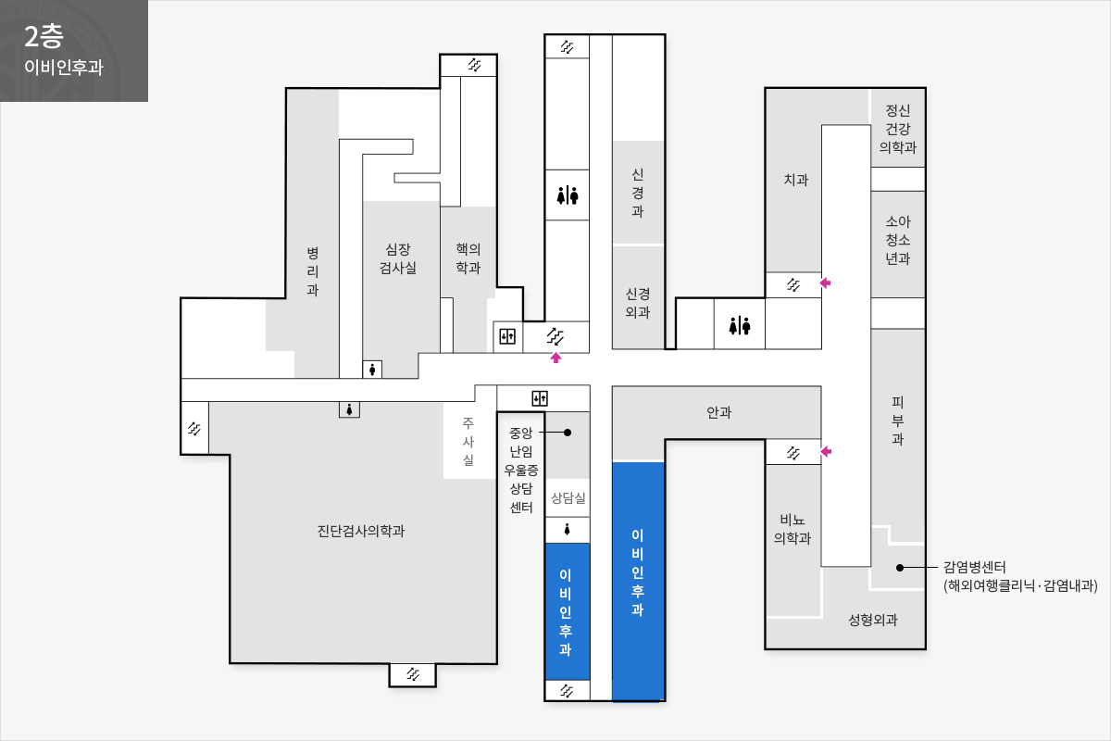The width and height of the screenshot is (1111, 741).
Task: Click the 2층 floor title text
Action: [44, 37]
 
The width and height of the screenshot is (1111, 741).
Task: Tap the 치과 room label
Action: [795, 179]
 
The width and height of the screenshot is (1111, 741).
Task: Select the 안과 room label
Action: [718, 412]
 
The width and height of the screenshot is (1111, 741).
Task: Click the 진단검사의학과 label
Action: [360, 531]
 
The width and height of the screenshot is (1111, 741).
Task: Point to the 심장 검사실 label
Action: [398, 258]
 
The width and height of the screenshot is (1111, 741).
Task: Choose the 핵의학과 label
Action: [468, 258]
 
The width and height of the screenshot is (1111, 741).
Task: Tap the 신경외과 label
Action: [637, 303]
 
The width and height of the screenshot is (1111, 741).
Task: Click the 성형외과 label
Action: [873, 620]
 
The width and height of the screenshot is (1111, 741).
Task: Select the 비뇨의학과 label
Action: [793, 529]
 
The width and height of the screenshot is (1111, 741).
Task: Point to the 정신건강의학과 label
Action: [898, 129]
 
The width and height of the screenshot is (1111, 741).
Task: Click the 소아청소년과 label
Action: [898, 240]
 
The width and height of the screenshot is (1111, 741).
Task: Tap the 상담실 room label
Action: [568, 497]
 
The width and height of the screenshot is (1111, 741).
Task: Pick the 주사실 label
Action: [468, 441]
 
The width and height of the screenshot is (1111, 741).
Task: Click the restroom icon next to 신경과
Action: [568, 195]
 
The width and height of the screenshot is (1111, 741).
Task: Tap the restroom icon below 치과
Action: [740, 326]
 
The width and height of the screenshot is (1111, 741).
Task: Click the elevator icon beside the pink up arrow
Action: [507, 336]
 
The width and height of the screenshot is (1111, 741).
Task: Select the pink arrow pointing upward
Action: [555, 358]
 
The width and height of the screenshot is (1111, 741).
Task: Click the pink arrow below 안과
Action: [826, 451]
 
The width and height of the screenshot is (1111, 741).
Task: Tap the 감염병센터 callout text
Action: [1019, 576]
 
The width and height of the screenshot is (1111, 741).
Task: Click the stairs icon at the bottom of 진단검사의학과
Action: [413, 674]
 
